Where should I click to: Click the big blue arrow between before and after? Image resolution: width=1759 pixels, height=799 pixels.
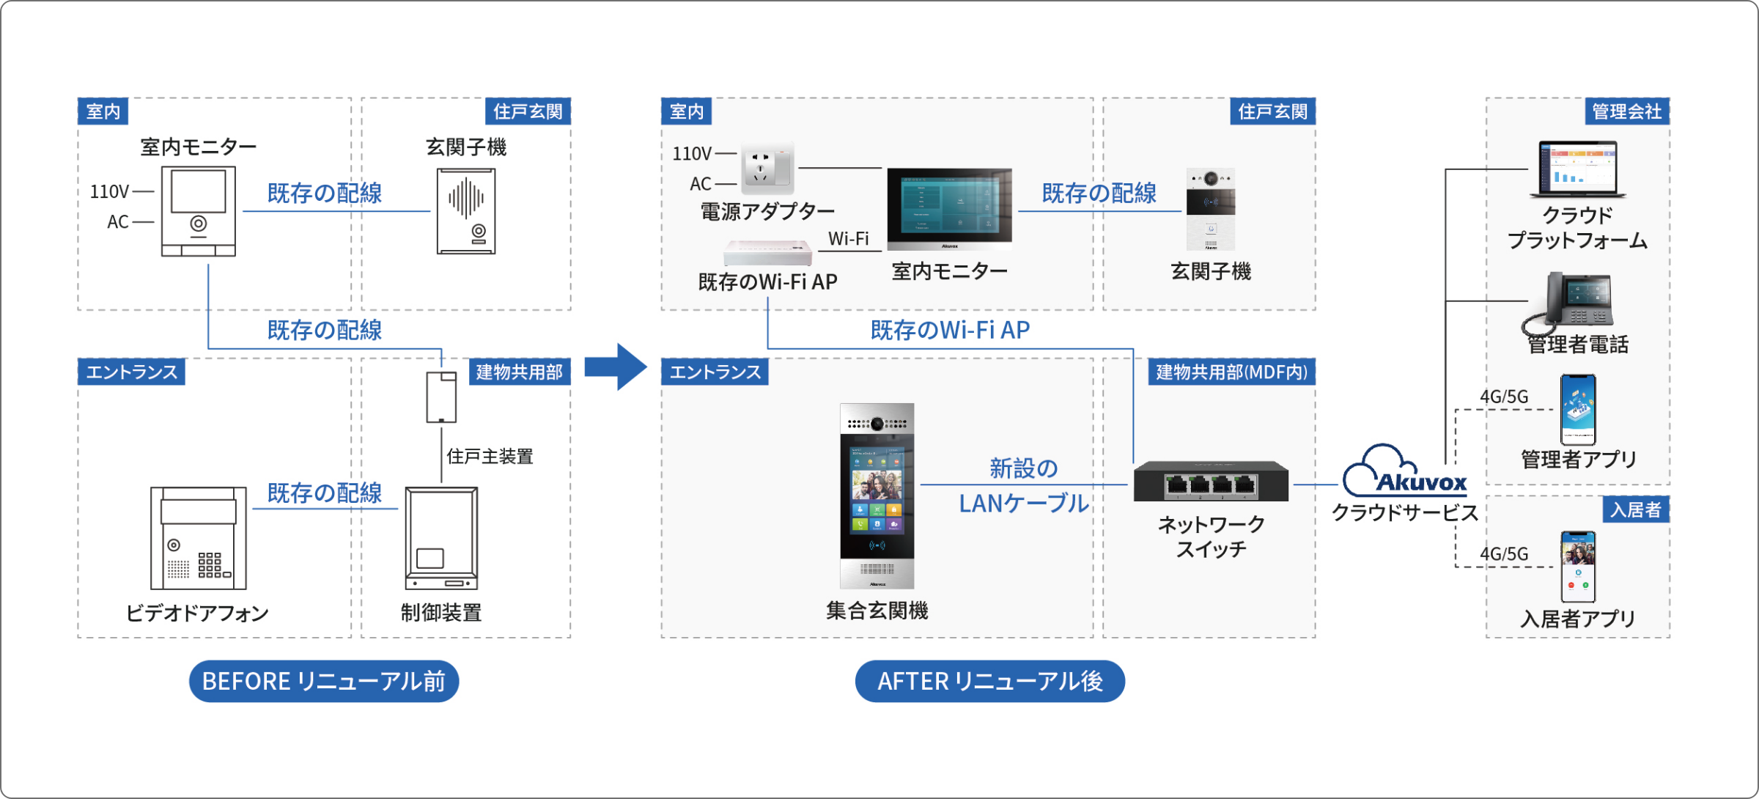point(616,367)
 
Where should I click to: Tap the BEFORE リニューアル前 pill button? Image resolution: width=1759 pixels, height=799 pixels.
point(324,681)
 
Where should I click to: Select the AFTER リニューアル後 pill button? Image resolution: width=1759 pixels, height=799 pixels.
point(989,681)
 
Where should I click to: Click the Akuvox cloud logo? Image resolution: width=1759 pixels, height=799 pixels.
point(1404,473)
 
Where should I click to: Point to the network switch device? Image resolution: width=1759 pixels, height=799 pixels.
point(1211,482)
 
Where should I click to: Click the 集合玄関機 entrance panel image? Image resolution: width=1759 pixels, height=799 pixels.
point(877,496)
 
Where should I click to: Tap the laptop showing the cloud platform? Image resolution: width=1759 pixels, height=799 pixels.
point(1578,170)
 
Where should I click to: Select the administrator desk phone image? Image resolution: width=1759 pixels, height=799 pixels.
point(1571,302)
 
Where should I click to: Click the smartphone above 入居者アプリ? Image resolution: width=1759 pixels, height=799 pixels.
point(1578,567)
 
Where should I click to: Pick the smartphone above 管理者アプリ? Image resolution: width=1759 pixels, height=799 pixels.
point(1578,409)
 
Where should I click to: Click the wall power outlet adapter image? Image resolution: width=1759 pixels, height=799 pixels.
point(767,167)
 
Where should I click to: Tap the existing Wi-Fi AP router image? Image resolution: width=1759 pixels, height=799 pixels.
point(768,253)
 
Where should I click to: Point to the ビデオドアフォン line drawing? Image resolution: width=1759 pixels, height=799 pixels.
point(199,538)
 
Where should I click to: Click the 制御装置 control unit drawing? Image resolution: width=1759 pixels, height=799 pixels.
point(441,538)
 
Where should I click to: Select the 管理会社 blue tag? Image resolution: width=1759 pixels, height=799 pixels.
point(1626,111)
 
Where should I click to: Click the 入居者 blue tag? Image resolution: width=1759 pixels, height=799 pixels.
point(1635,509)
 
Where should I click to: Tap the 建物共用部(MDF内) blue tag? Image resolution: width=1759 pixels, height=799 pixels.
point(1231,372)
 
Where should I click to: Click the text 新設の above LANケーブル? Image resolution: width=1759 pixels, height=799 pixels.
point(1023,468)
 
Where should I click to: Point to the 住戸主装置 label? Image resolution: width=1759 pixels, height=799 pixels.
point(490,457)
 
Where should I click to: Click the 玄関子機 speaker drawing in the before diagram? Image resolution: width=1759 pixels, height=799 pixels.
point(466,211)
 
